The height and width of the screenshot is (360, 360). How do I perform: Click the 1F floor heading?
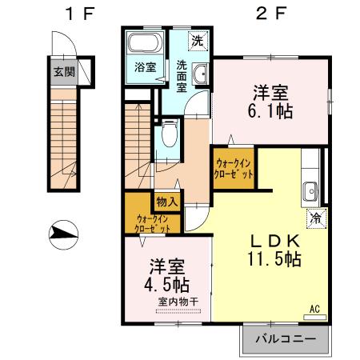[x=80, y=14]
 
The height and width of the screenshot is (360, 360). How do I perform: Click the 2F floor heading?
[x=271, y=14]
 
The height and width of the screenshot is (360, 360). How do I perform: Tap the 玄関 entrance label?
[x=64, y=72]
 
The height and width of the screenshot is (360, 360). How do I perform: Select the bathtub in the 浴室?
[x=146, y=42]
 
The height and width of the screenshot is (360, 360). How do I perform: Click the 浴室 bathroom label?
[x=146, y=67]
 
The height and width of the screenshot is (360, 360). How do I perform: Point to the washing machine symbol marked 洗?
[x=198, y=42]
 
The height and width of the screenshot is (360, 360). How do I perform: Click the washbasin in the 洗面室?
[x=200, y=74]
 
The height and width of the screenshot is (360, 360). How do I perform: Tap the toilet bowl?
[x=169, y=134]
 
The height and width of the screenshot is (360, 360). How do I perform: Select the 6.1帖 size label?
[x=270, y=111]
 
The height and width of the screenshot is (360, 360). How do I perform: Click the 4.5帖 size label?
[x=166, y=286]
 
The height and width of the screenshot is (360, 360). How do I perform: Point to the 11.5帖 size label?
[x=274, y=258]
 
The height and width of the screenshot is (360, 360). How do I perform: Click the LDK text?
[x=274, y=241]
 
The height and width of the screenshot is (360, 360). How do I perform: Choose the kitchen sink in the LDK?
[x=310, y=191]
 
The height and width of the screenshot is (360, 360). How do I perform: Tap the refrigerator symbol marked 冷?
[x=317, y=218]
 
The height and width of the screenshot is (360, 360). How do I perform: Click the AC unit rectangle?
[x=315, y=318]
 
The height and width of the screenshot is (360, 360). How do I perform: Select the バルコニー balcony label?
[x=286, y=339]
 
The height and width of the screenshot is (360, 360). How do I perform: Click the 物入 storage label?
[x=167, y=202]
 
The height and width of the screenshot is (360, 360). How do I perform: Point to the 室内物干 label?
[x=178, y=302]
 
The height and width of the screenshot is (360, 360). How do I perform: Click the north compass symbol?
[x=63, y=234]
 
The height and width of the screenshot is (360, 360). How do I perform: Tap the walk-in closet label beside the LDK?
[x=234, y=169]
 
